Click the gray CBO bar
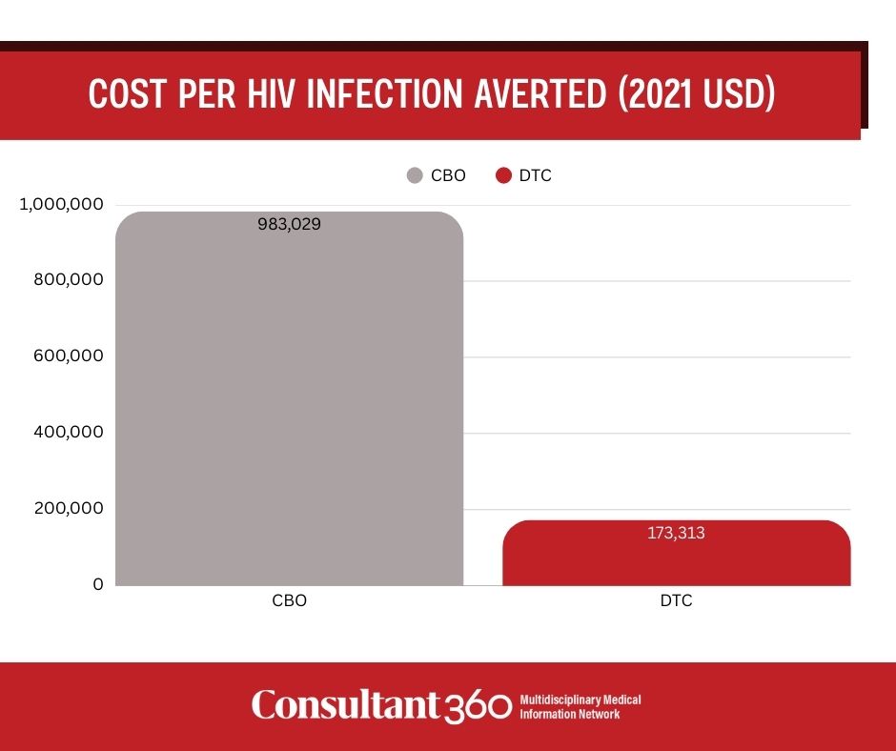tap(289, 400)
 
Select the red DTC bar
tap(676, 558)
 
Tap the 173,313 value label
tap(676, 533)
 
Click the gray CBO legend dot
tap(415, 175)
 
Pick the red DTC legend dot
tap(504, 175)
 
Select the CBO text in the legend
tap(448, 175)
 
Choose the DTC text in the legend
tap(536, 175)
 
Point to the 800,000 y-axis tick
tap(66, 280)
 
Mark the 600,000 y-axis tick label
tap(66, 355)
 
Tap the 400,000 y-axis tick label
tap(66, 432)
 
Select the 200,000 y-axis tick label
tap(66, 508)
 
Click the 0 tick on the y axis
tap(97, 583)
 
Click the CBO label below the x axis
tap(289, 602)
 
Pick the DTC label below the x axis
tap(676, 602)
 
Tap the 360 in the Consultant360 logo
tap(479, 706)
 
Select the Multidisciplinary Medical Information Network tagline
tap(580, 706)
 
